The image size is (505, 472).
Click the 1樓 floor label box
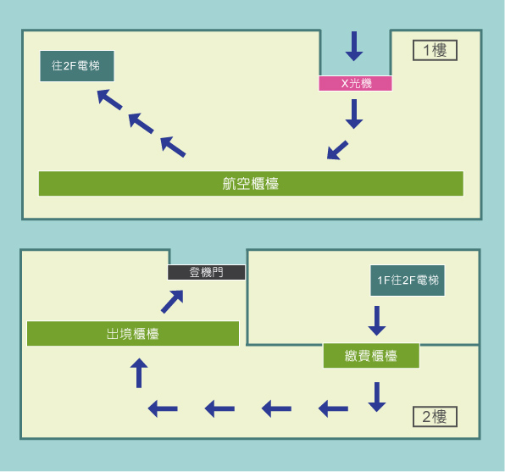[435, 50]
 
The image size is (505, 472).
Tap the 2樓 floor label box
[435, 416]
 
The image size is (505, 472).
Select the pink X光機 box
[356, 83]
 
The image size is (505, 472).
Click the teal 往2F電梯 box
[76, 66]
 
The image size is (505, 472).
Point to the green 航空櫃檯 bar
[251, 183]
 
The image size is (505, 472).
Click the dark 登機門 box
[206, 272]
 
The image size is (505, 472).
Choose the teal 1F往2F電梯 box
[408, 280]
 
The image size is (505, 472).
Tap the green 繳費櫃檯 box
[371, 356]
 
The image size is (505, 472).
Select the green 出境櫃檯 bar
[132, 333]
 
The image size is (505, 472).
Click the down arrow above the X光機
[354, 46]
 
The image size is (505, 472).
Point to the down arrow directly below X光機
[354, 114]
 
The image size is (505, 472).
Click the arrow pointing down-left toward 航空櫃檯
[337, 150]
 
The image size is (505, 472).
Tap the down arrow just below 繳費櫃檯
[377, 397]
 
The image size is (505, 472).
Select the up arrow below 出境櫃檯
[140, 373]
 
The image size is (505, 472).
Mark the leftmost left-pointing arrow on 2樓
[163, 408]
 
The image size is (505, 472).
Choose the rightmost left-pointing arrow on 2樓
[333, 408]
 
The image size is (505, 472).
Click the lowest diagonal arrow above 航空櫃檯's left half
[173, 146]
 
